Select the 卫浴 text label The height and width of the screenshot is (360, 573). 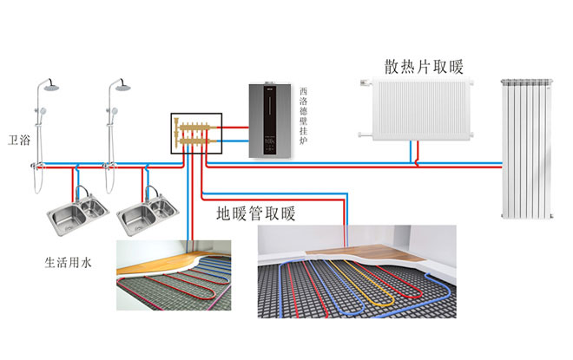click(19, 139)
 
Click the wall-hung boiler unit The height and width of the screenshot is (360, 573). click(271, 120)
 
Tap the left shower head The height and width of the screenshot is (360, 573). click(49, 88)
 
